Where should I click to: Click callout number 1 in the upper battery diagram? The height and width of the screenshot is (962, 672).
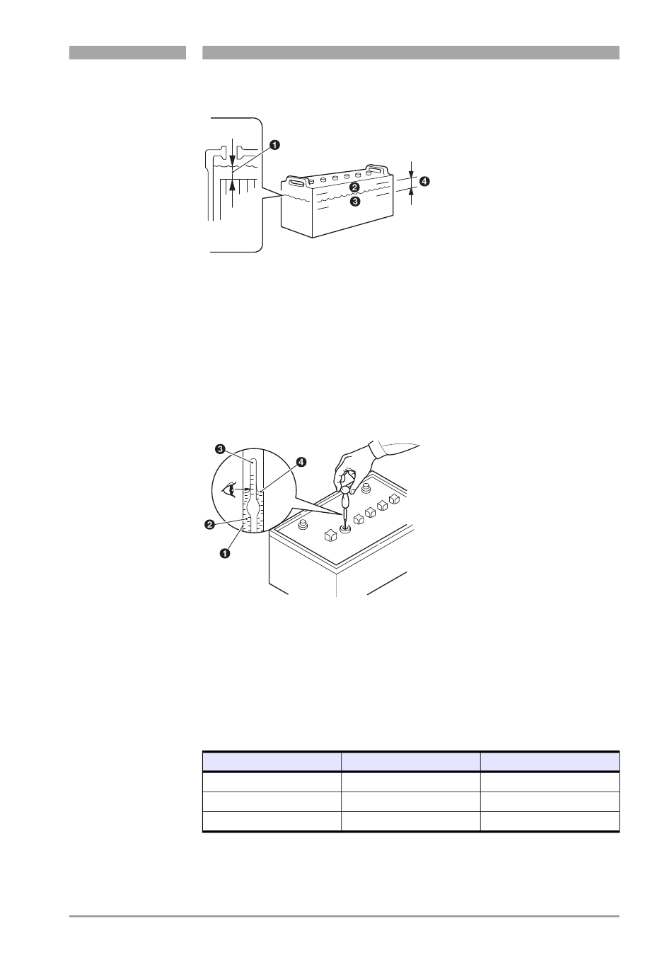[274, 145]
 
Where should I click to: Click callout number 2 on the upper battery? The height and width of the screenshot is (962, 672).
[354, 187]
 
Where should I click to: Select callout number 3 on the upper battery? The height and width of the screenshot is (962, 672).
[355, 201]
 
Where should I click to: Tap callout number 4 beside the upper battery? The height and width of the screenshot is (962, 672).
[424, 182]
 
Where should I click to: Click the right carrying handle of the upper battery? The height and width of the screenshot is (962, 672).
[378, 169]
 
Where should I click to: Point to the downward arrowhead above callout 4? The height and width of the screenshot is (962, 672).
[412, 173]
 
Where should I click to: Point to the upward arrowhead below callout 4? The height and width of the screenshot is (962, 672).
[412, 192]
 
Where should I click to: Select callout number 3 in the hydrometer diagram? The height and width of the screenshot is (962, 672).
[220, 449]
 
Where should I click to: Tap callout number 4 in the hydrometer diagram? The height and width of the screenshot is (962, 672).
[301, 462]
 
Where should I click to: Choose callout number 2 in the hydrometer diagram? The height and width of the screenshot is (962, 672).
[209, 525]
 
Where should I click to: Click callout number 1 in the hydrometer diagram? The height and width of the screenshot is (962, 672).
[224, 554]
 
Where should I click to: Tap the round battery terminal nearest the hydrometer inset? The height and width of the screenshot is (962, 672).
[303, 524]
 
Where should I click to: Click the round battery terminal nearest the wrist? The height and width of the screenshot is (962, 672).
[366, 487]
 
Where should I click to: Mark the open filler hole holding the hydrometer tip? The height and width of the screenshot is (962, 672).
[344, 528]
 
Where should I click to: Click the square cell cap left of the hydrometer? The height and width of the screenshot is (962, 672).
[330, 535]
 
